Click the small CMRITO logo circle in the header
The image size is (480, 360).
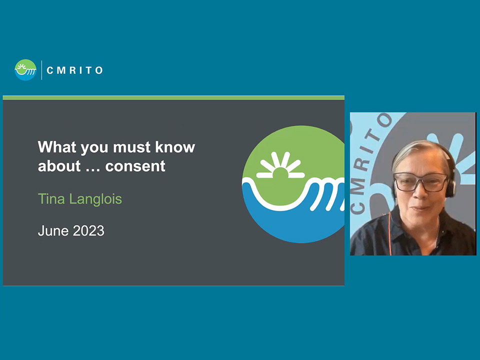click(x=25, y=70)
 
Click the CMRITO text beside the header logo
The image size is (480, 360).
click(x=74, y=70)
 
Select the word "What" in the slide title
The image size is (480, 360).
click(x=57, y=147)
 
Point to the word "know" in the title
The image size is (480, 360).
click(x=175, y=147)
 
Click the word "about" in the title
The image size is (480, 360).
click(x=59, y=166)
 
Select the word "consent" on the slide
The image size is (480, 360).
click(x=135, y=166)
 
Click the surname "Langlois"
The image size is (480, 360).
click(x=95, y=199)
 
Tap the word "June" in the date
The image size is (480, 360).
click(x=53, y=231)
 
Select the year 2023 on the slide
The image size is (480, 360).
click(x=88, y=231)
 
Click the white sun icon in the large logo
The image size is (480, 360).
click(x=280, y=165)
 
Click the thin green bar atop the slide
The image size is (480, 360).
click(x=173, y=98)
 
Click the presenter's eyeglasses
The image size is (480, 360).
click(x=420, y=182)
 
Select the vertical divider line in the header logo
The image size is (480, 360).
click(x=41, y=70)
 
